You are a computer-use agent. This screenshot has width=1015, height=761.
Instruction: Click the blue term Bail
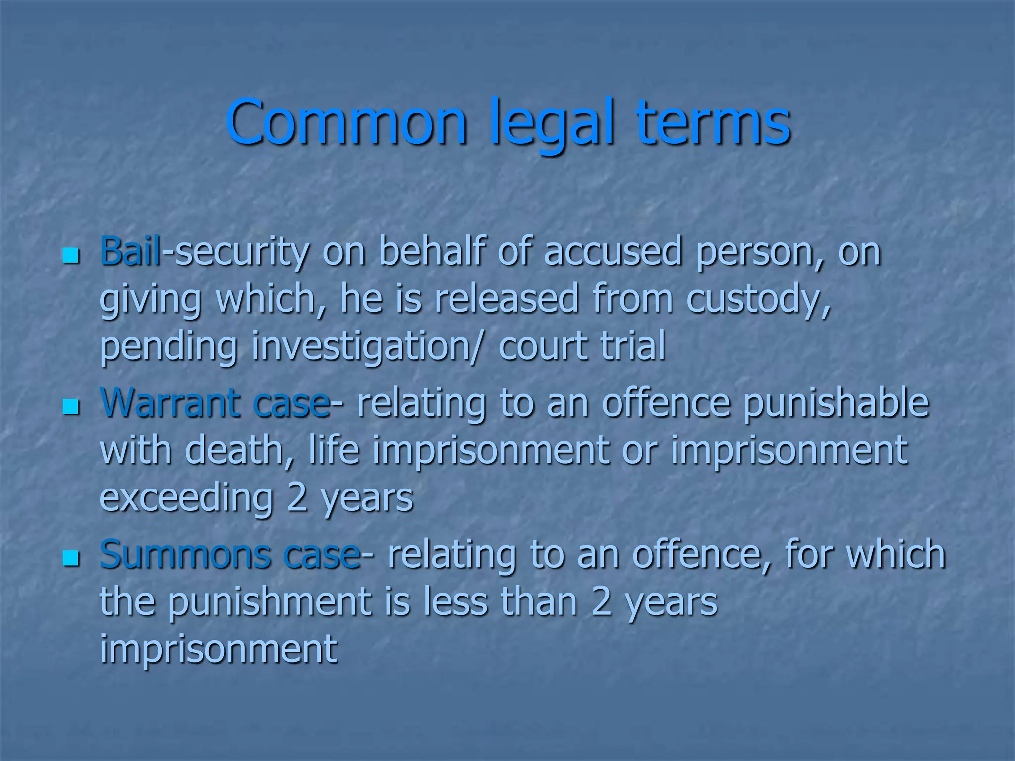(x=130, y=252)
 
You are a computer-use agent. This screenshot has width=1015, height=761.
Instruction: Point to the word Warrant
(x=171, y=403)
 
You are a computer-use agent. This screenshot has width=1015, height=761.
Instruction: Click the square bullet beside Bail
(x=71, y=256)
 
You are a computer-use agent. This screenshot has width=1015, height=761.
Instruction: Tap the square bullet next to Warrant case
(x=71, y=407)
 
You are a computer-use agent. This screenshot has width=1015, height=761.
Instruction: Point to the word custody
(x=758, y=299)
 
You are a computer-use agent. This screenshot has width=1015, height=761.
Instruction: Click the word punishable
(x=836, y=403)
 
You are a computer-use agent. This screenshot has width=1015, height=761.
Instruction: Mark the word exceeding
(x=187, y=497)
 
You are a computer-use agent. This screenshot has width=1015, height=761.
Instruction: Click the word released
(x=507, y=299)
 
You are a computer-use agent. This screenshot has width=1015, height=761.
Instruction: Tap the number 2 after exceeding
(x=297, y=497)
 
